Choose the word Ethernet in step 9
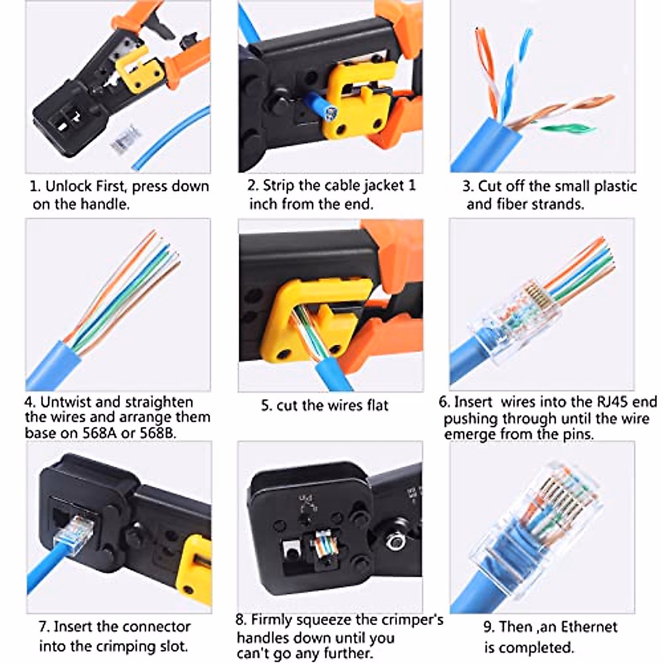pyautogui.click(x=589, y=627)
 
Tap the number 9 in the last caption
pyautogui.click(x=488, y=627)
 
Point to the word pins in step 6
pyautogui.click(x=577, y=434)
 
